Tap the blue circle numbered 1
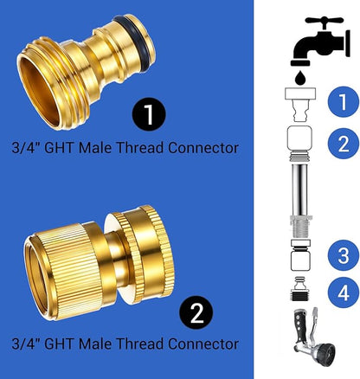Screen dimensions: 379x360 pyautogui.click(x=343, y=102)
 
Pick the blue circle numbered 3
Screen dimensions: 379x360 pyautogui.click(x=343, y=254)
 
